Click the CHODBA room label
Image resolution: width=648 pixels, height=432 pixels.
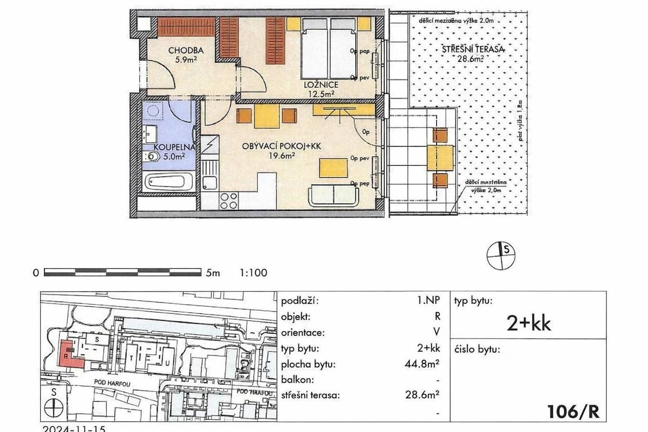click(186, 51)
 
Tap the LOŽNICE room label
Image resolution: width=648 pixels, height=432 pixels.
click(321, 85)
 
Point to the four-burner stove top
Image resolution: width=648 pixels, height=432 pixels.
click(228, 201)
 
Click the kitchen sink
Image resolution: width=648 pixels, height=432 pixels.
click(209, 183)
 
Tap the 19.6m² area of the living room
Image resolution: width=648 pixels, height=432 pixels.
click(282, 156)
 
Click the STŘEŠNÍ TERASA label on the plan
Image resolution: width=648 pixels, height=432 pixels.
click(472, 49)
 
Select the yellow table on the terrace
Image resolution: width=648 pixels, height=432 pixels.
click(440, 157)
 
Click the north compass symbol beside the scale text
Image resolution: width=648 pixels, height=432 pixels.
click(501, 255)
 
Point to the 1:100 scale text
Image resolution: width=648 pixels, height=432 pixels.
click(253, 273)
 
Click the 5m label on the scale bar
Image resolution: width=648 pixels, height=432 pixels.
click(213, 273)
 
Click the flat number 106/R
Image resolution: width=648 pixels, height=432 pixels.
click(572, 411)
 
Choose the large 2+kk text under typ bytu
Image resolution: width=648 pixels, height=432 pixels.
click(528, 324)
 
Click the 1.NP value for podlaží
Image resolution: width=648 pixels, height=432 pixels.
click(428, 300)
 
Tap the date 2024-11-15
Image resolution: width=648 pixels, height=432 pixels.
click(74, 428)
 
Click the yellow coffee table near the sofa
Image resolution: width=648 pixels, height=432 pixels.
click(333, 167)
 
